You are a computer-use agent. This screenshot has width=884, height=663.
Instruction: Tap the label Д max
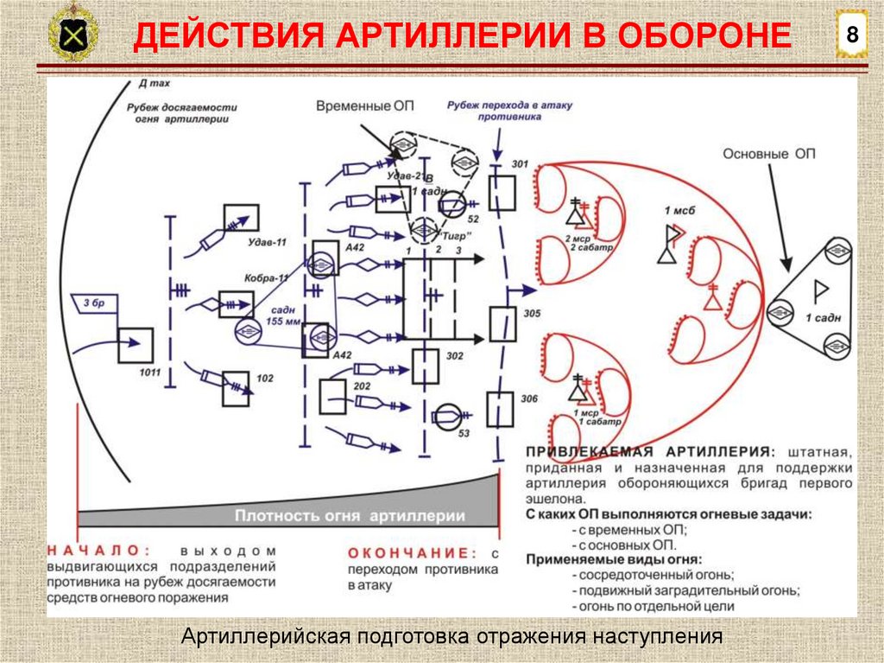(154, 85)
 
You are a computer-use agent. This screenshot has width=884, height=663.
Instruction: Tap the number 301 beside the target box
(519, 164)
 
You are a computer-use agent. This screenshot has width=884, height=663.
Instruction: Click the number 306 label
(530, 398)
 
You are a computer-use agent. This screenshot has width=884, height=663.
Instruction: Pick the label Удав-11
(268, 243)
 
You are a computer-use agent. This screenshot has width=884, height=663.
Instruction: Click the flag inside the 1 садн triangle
(813, 292)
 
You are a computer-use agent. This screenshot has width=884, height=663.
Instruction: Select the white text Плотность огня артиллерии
(350, 516)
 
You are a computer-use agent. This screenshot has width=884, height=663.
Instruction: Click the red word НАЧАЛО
(98, 550)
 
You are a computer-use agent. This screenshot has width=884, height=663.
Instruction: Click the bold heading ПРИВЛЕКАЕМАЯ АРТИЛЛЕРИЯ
(647, 452)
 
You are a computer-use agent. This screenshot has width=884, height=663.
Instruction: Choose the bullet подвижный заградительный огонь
(685, 590)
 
